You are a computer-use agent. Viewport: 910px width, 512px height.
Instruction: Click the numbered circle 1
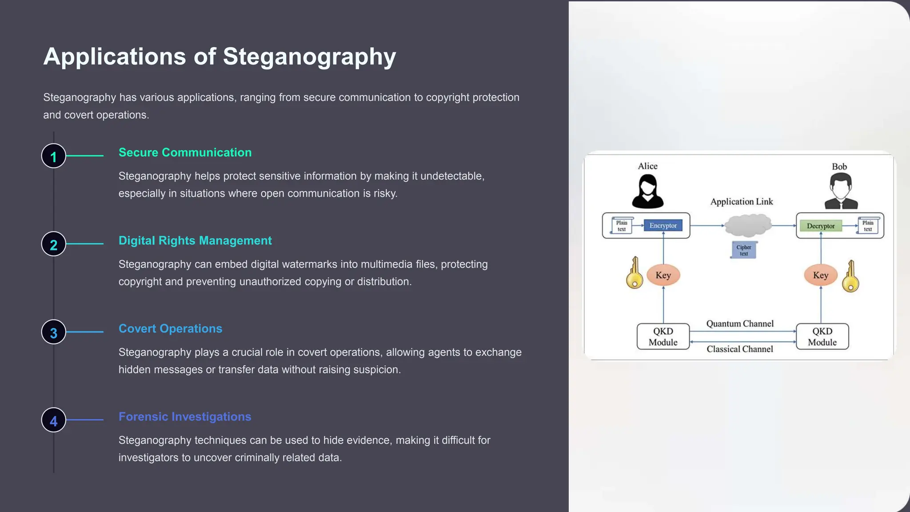pos(54,156)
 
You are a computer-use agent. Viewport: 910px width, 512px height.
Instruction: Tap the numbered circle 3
pos(54,332)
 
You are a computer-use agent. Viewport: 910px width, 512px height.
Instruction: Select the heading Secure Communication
pos(185,152)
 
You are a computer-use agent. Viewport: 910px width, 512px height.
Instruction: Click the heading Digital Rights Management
pos(195,240)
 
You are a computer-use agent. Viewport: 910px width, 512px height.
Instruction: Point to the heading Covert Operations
pos(170,328)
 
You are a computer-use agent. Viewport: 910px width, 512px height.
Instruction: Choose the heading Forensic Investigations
pos(185,416)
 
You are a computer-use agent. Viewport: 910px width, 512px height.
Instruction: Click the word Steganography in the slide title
pos(309,57)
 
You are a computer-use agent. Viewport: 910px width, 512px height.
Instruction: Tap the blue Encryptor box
pos(663,226)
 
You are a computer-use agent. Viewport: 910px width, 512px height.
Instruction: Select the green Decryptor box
pos(821,226)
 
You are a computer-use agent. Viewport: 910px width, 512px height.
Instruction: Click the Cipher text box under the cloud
pos(744,250)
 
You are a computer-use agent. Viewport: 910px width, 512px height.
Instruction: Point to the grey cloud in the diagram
pos(748,225)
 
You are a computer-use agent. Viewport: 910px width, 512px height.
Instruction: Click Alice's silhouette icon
pos(648,192)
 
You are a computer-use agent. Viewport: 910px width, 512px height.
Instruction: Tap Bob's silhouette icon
pos(841,191)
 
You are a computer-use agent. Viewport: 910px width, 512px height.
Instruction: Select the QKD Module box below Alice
pos(663,336)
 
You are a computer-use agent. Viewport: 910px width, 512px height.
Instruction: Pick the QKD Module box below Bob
pos(822,336)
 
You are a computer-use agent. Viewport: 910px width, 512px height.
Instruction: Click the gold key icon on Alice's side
pos(635,273)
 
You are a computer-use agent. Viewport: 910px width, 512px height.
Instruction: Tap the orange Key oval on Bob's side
pos(820,275)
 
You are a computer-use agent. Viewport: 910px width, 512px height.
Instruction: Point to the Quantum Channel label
pos(740,324)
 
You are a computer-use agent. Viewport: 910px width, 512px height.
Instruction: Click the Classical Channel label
pos(740,349)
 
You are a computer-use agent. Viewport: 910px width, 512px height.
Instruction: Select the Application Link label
pos(742,202)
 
